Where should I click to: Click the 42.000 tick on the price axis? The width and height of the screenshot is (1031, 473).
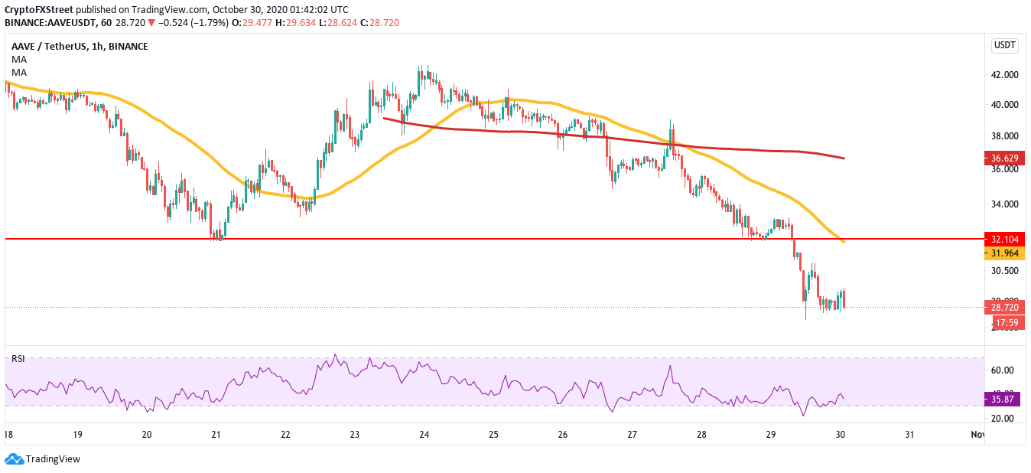[1003, 75]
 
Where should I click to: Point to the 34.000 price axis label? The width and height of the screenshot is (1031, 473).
[1003, 204]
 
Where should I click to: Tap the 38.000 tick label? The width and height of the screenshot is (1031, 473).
[1003, 136]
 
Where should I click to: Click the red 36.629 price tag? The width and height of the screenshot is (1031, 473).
[1003, 158]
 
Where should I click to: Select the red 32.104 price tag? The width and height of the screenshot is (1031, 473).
[1003, 239]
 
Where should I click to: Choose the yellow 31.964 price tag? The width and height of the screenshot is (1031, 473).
[1003, 253]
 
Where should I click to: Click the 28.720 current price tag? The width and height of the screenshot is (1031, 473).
[1003, 307]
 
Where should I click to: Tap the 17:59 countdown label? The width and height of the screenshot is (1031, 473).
[1003, 323]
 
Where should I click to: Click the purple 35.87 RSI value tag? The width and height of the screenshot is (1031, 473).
[1003, 399]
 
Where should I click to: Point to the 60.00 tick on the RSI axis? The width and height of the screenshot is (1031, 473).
[1002, 370]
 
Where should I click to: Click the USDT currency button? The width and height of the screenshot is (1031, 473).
[1003, 45]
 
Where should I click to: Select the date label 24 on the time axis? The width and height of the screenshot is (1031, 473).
[424, 434]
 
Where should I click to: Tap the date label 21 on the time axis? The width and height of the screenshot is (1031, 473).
[216, 434]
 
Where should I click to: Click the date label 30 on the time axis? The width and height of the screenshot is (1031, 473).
[841, 434]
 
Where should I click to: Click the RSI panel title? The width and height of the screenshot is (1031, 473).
[17, 359]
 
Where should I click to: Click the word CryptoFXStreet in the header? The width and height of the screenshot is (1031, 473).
[40, 10]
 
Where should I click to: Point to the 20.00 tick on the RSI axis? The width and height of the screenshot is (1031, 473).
[1002, 419]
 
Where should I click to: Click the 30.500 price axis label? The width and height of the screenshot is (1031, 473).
[1003, 271]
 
